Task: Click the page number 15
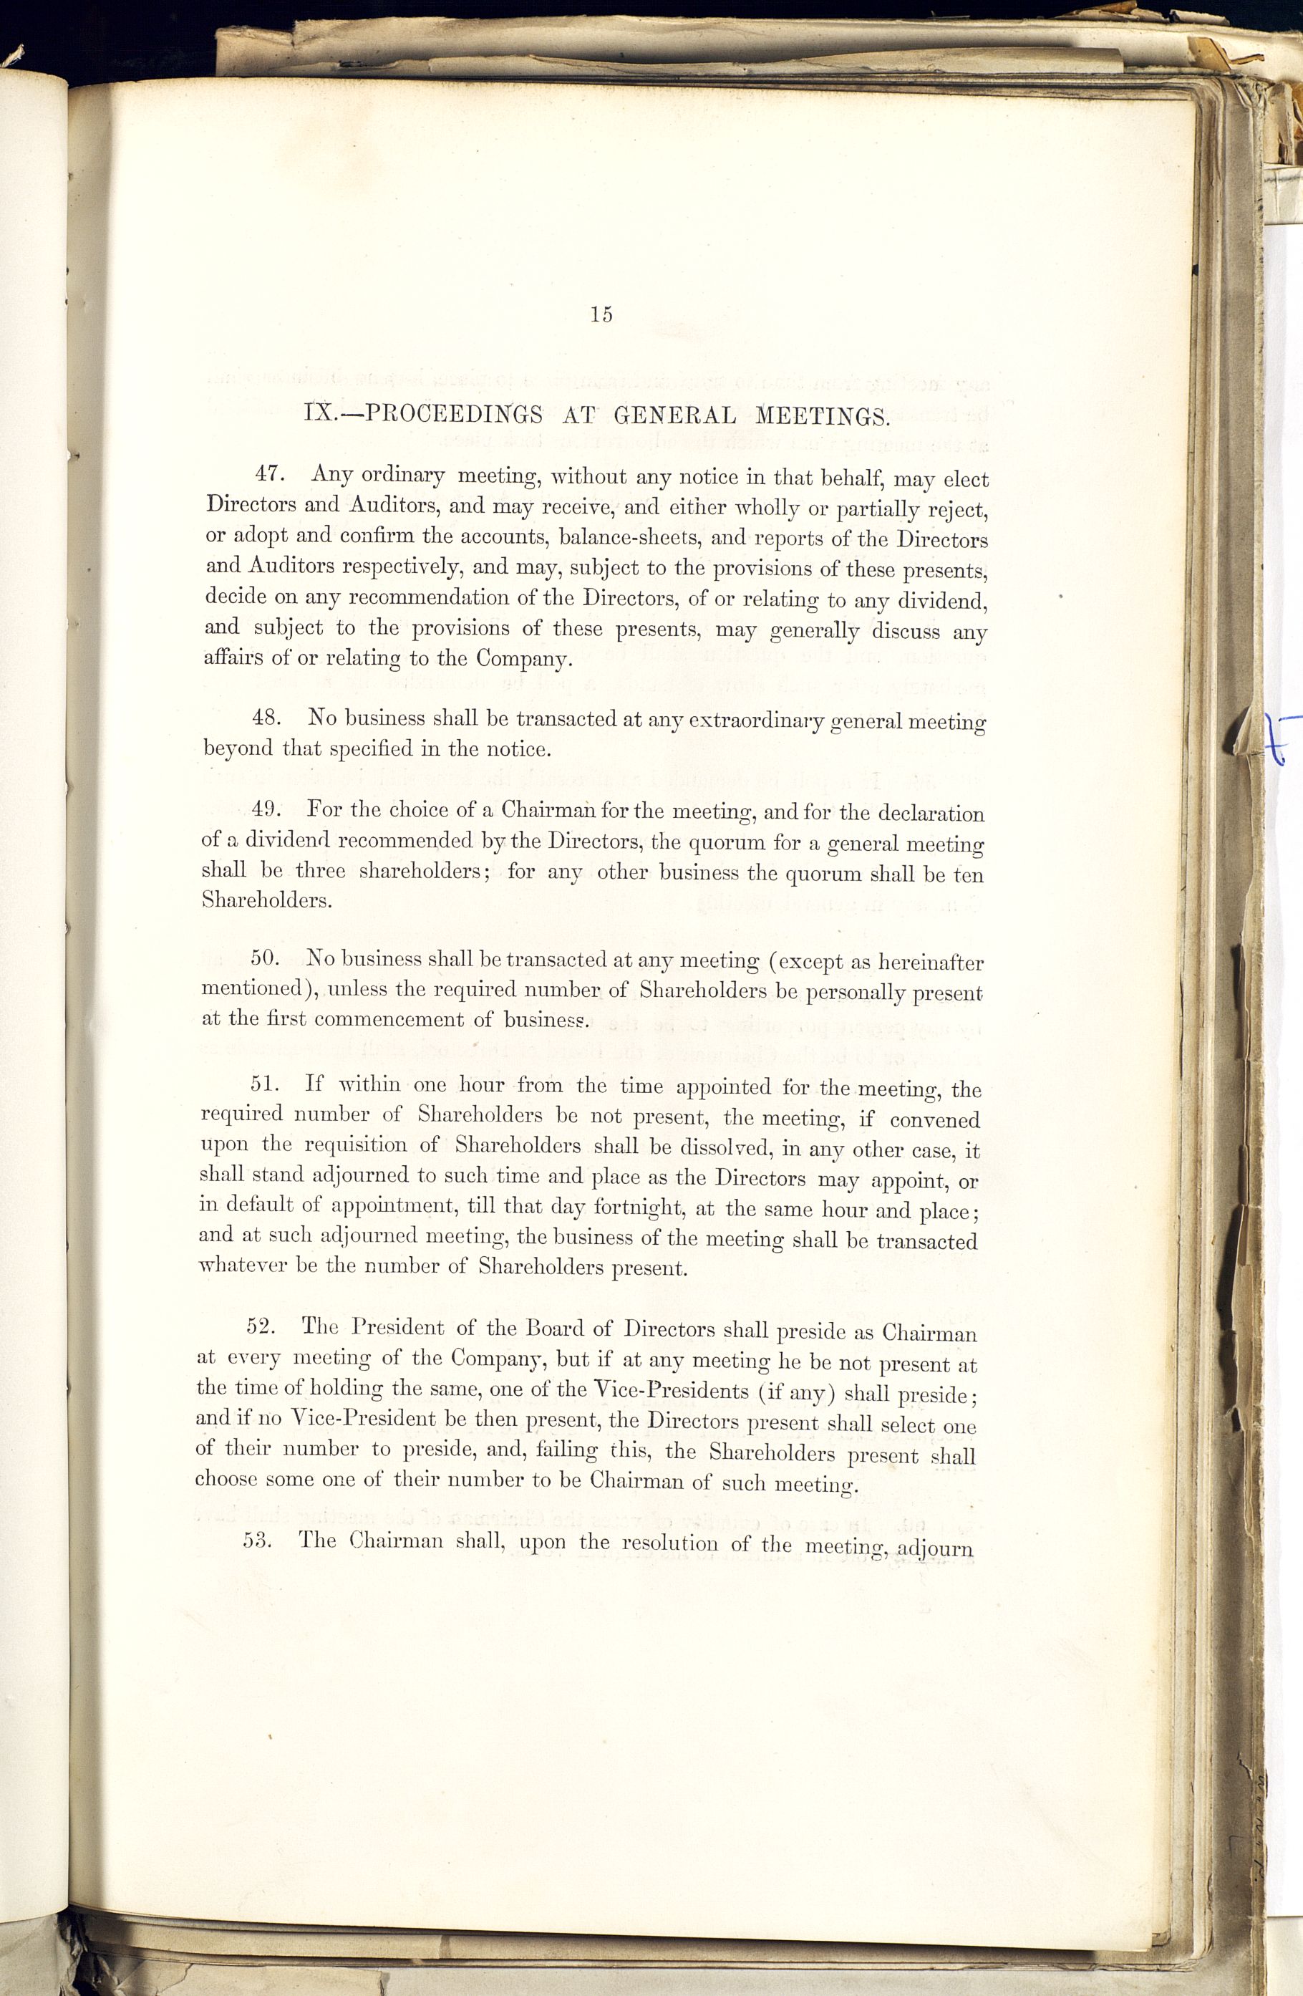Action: (602, 314)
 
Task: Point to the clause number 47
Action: (271, 474)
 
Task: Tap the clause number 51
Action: (265, 1084)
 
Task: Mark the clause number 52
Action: (263, 1327)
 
